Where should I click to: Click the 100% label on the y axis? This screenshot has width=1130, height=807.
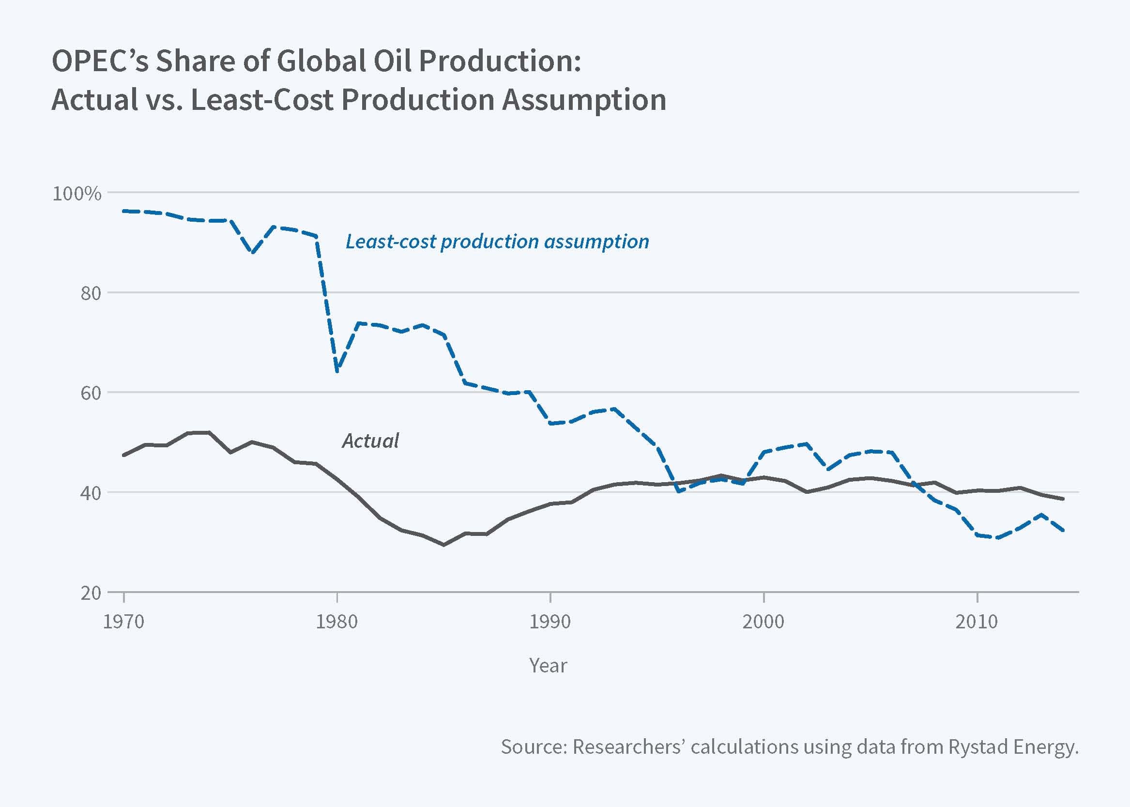point(76,193)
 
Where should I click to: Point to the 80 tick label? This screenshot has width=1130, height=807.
point(91,293)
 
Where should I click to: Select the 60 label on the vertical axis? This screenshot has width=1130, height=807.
point(91,393)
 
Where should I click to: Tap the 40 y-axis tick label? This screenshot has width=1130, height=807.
point(91,493)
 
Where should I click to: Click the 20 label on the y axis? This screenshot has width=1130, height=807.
point(91,593)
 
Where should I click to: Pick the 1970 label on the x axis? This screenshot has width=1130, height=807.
point(123,622)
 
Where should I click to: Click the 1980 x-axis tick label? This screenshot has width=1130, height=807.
point(337,622)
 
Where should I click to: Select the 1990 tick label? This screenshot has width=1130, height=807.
point(550,622)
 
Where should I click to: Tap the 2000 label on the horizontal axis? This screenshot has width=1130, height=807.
point(764,622)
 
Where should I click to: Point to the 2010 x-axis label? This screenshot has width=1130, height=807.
point(977,622)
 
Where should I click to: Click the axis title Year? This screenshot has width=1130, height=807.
point(548,665)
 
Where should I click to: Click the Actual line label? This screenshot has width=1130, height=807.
point(370,441)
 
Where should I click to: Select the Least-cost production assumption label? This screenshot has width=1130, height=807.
point(497,242)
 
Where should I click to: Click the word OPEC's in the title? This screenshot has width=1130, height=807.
point(100,61)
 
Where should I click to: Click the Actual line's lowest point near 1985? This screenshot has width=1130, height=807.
point(444,545)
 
